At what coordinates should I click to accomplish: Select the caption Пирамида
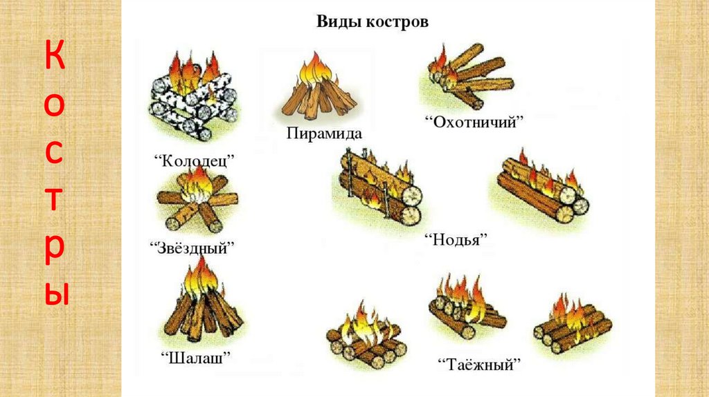(324, 131)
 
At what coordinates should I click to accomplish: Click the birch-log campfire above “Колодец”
(193, 94)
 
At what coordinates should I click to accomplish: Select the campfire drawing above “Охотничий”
(467, 76)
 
